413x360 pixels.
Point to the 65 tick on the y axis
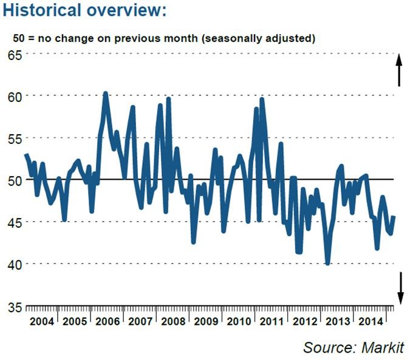click(x=15, y=55)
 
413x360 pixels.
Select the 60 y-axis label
click(x=15, y=97)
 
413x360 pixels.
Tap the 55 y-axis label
click(x=15, y=138)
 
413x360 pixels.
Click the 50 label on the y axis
click(x=15, y=180)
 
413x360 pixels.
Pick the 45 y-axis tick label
click(x=15, y=222)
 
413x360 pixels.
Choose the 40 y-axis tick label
click(x=15, y=264)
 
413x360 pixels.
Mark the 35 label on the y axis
click(x=15, y=306)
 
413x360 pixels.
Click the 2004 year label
click(x=41, y=321)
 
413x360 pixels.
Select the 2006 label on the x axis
click(x=107, y=321)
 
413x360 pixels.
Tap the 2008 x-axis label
click(x=173, y=321)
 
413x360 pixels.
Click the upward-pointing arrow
click(x=400, y=70)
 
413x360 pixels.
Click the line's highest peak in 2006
click(x=106, y=93)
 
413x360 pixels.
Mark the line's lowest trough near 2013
click(x=327, y=263)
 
